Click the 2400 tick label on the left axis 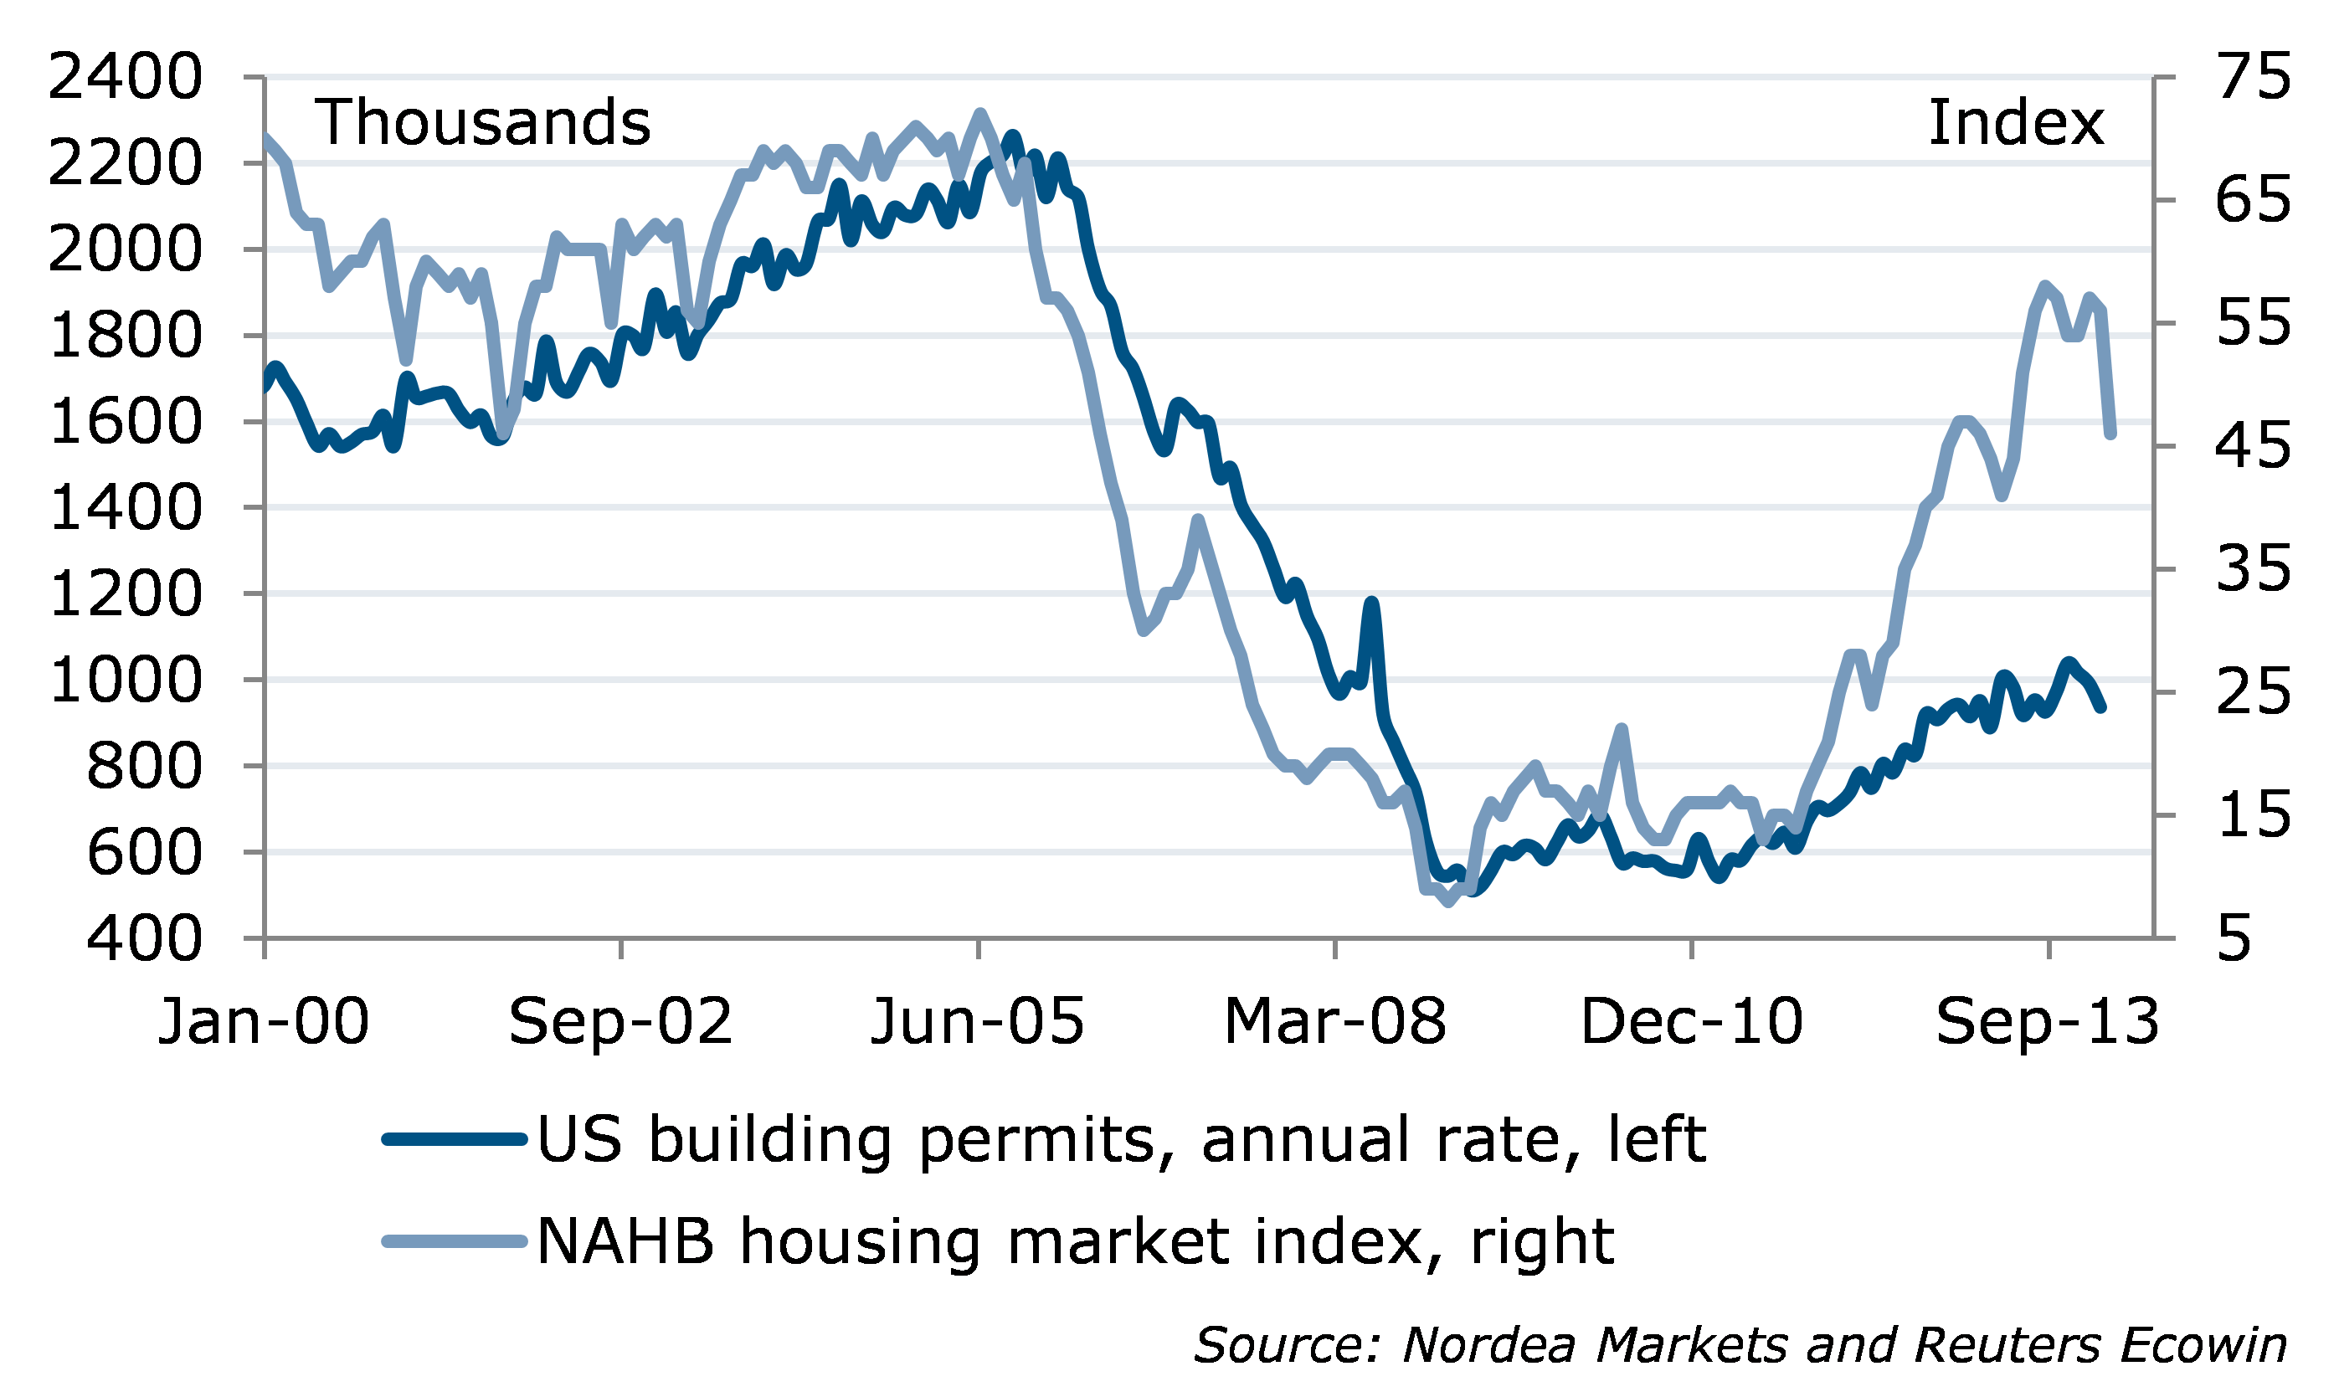point(124,77)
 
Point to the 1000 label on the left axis point(124,681)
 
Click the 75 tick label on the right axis point(2254,77)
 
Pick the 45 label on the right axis point(2254,446)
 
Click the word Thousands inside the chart point(482,123)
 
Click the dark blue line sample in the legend point(454,1140)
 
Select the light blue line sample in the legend point(454,1241)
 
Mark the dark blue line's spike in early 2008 point(1371,603)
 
